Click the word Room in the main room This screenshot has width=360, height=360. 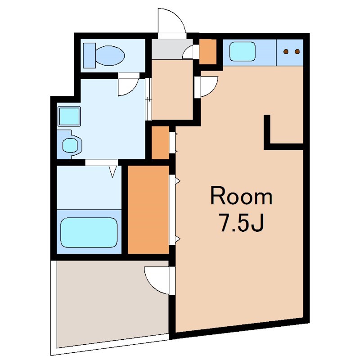click(241, 196)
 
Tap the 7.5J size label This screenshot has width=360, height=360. click(241, 222)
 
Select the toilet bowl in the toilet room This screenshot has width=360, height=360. click(110, 55)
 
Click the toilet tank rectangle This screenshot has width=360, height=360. click(89, 55)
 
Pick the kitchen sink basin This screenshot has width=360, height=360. click(243, 52)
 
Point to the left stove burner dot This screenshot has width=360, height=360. click(286, 52)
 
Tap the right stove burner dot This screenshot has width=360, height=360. click(297, 52)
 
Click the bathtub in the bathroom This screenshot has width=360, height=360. click(89, 232)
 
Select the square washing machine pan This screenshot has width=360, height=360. click(69, 116)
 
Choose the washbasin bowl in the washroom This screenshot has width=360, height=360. click(71, 145)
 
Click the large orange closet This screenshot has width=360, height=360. click(148, 210)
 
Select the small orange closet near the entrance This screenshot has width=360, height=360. click(208, 52)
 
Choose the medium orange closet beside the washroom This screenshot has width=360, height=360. click(161, 142)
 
